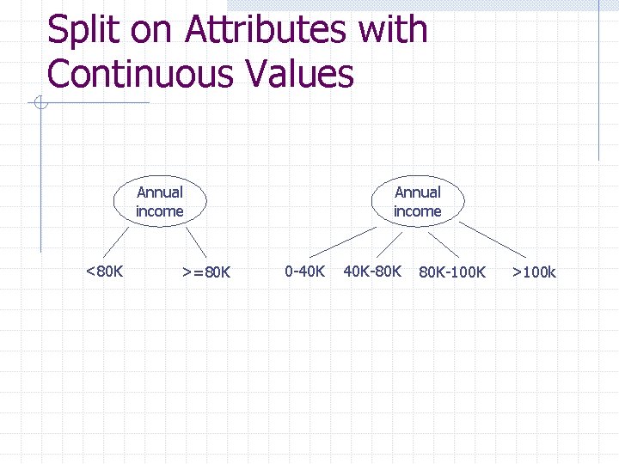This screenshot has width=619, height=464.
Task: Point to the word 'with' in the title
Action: (x=392, y=30)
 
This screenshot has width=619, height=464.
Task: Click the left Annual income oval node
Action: (x=160, y=202)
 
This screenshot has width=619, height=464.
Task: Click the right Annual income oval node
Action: (x=417, y=202)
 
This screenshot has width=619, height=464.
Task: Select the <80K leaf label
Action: (x=105, y=272)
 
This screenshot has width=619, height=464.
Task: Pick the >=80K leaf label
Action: (x=206, y=272)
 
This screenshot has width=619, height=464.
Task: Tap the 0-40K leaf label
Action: (x=304, y=272)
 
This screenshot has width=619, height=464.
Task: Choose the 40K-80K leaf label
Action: (x=372, y=272)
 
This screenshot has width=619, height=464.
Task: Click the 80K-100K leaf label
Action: (x=452, y=272)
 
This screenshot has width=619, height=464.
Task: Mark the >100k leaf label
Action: (x=534, y=272)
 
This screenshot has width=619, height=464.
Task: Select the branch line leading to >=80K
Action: (x=197, y=241)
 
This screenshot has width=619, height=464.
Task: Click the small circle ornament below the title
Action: (x=40, y=104)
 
